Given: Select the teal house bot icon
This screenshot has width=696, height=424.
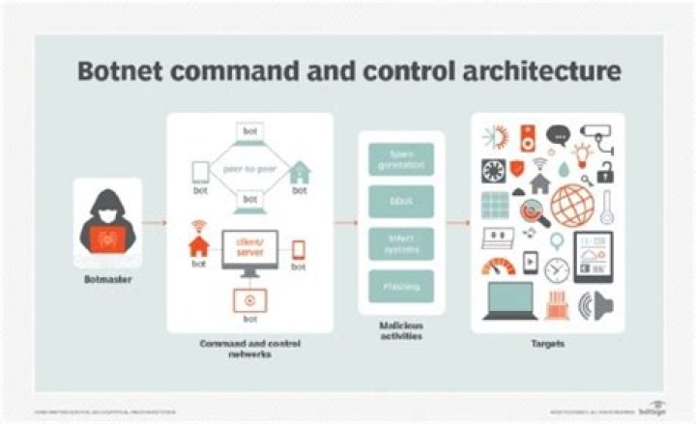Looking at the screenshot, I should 301,172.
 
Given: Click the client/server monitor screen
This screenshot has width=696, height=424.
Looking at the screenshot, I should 250,247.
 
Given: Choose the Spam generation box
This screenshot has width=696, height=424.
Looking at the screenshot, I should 401,159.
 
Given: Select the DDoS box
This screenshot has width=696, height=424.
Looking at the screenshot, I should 401,201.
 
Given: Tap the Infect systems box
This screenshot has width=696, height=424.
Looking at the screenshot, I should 401,242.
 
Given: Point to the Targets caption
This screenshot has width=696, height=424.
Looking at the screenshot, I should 547,344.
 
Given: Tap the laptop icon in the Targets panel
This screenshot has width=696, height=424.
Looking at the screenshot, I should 511,301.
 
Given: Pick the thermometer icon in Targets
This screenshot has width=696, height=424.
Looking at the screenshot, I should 606,207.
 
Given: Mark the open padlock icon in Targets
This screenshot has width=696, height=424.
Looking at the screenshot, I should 606,174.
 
